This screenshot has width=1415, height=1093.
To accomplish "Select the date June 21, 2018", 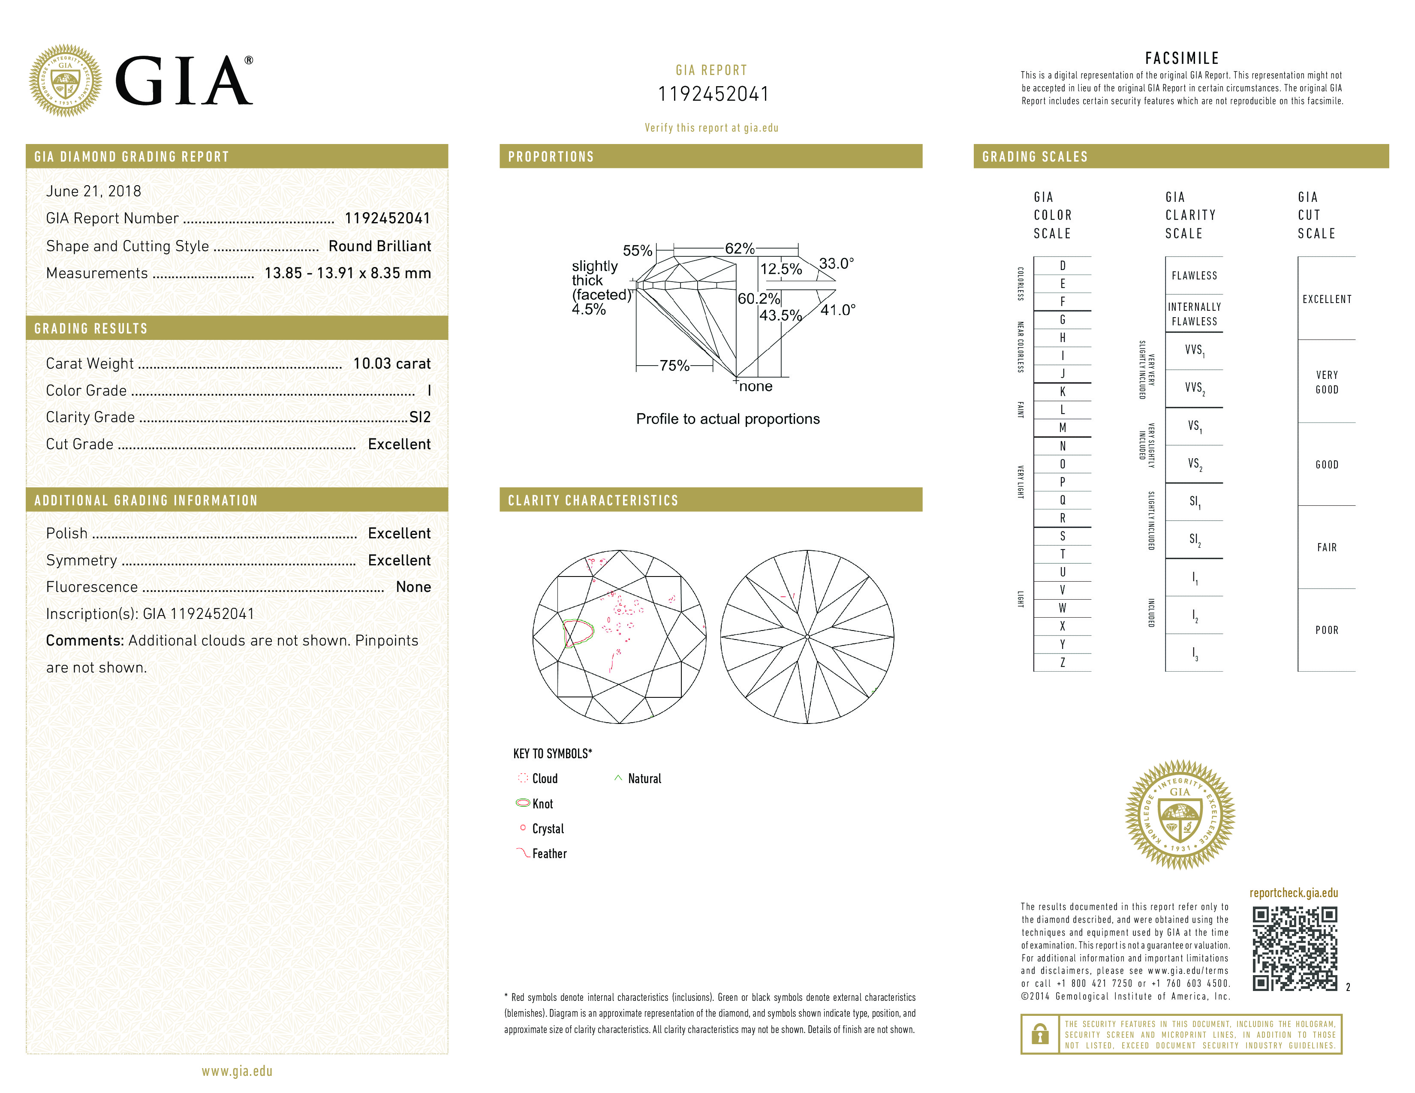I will coord(93,191).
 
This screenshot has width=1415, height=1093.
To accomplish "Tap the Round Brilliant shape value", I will coord(379,246).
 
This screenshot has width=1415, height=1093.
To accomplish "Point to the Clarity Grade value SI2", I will coord(420,417).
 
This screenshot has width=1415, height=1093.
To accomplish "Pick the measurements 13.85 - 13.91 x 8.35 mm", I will coord(347,273).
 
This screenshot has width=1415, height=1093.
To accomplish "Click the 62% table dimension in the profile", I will coord(739,249).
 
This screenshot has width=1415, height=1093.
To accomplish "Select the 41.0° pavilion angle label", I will coord(838,310).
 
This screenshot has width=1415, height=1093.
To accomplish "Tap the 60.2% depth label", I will coord(759,298).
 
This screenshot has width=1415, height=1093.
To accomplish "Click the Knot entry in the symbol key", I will coord(542,804).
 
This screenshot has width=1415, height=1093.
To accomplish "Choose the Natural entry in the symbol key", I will coord(644,779).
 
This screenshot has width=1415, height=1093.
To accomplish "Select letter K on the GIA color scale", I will coord(1063,392).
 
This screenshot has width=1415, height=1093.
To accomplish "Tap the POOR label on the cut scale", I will coord(1326,630).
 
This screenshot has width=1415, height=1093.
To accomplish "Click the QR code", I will coord(1294,949).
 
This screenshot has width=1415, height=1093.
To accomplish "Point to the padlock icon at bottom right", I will coord(1040,1034).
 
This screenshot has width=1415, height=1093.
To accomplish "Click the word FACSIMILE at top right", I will coord(1182,58).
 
